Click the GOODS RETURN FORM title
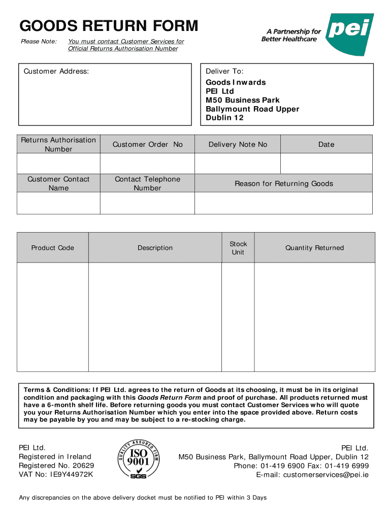(109, 26)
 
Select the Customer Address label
(56, 72)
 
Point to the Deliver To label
(224, 72)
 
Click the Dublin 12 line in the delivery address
(224, 118)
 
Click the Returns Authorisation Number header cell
(58, 144)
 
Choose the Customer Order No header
(147, 145)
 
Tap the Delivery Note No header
(238, 145)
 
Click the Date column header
(326, 145)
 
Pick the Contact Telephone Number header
(147, 183)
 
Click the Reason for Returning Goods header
(283, 184)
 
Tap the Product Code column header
(53, 248)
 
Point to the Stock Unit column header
(238, 248)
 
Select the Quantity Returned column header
(314, 248)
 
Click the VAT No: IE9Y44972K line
(56, 475)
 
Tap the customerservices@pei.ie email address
(325, 475)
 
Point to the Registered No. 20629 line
(56, 466)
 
